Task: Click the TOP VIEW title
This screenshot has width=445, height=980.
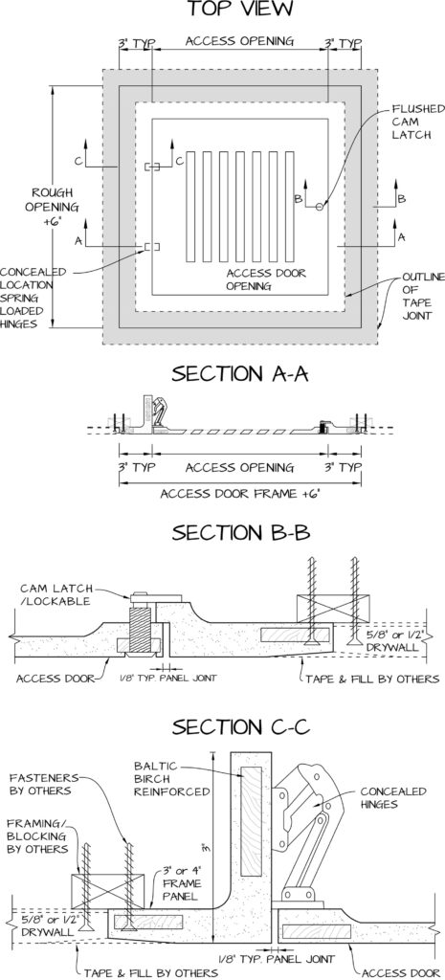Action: tap(239, 10)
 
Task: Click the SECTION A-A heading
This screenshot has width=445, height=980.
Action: tap(240, 374)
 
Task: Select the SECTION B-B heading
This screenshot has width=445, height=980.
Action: tap(240, 533)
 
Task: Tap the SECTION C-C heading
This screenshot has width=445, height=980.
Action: tap(241, 728)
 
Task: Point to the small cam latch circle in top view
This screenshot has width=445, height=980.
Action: tap(320, 207)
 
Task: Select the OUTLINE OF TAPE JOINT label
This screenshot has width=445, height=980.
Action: tap(422, 296)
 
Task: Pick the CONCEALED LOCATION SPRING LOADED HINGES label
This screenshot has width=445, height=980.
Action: tap(33, 298)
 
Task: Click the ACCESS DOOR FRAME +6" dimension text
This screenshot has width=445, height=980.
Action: tap(238, 494)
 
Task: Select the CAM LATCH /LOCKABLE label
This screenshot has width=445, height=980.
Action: tap(56, 595)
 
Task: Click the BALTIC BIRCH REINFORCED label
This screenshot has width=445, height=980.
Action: tap(172, 778)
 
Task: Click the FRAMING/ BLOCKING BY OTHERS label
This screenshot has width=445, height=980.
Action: tap(37, 835)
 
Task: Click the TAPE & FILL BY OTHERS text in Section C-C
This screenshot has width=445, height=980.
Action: tap(151, 973)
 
